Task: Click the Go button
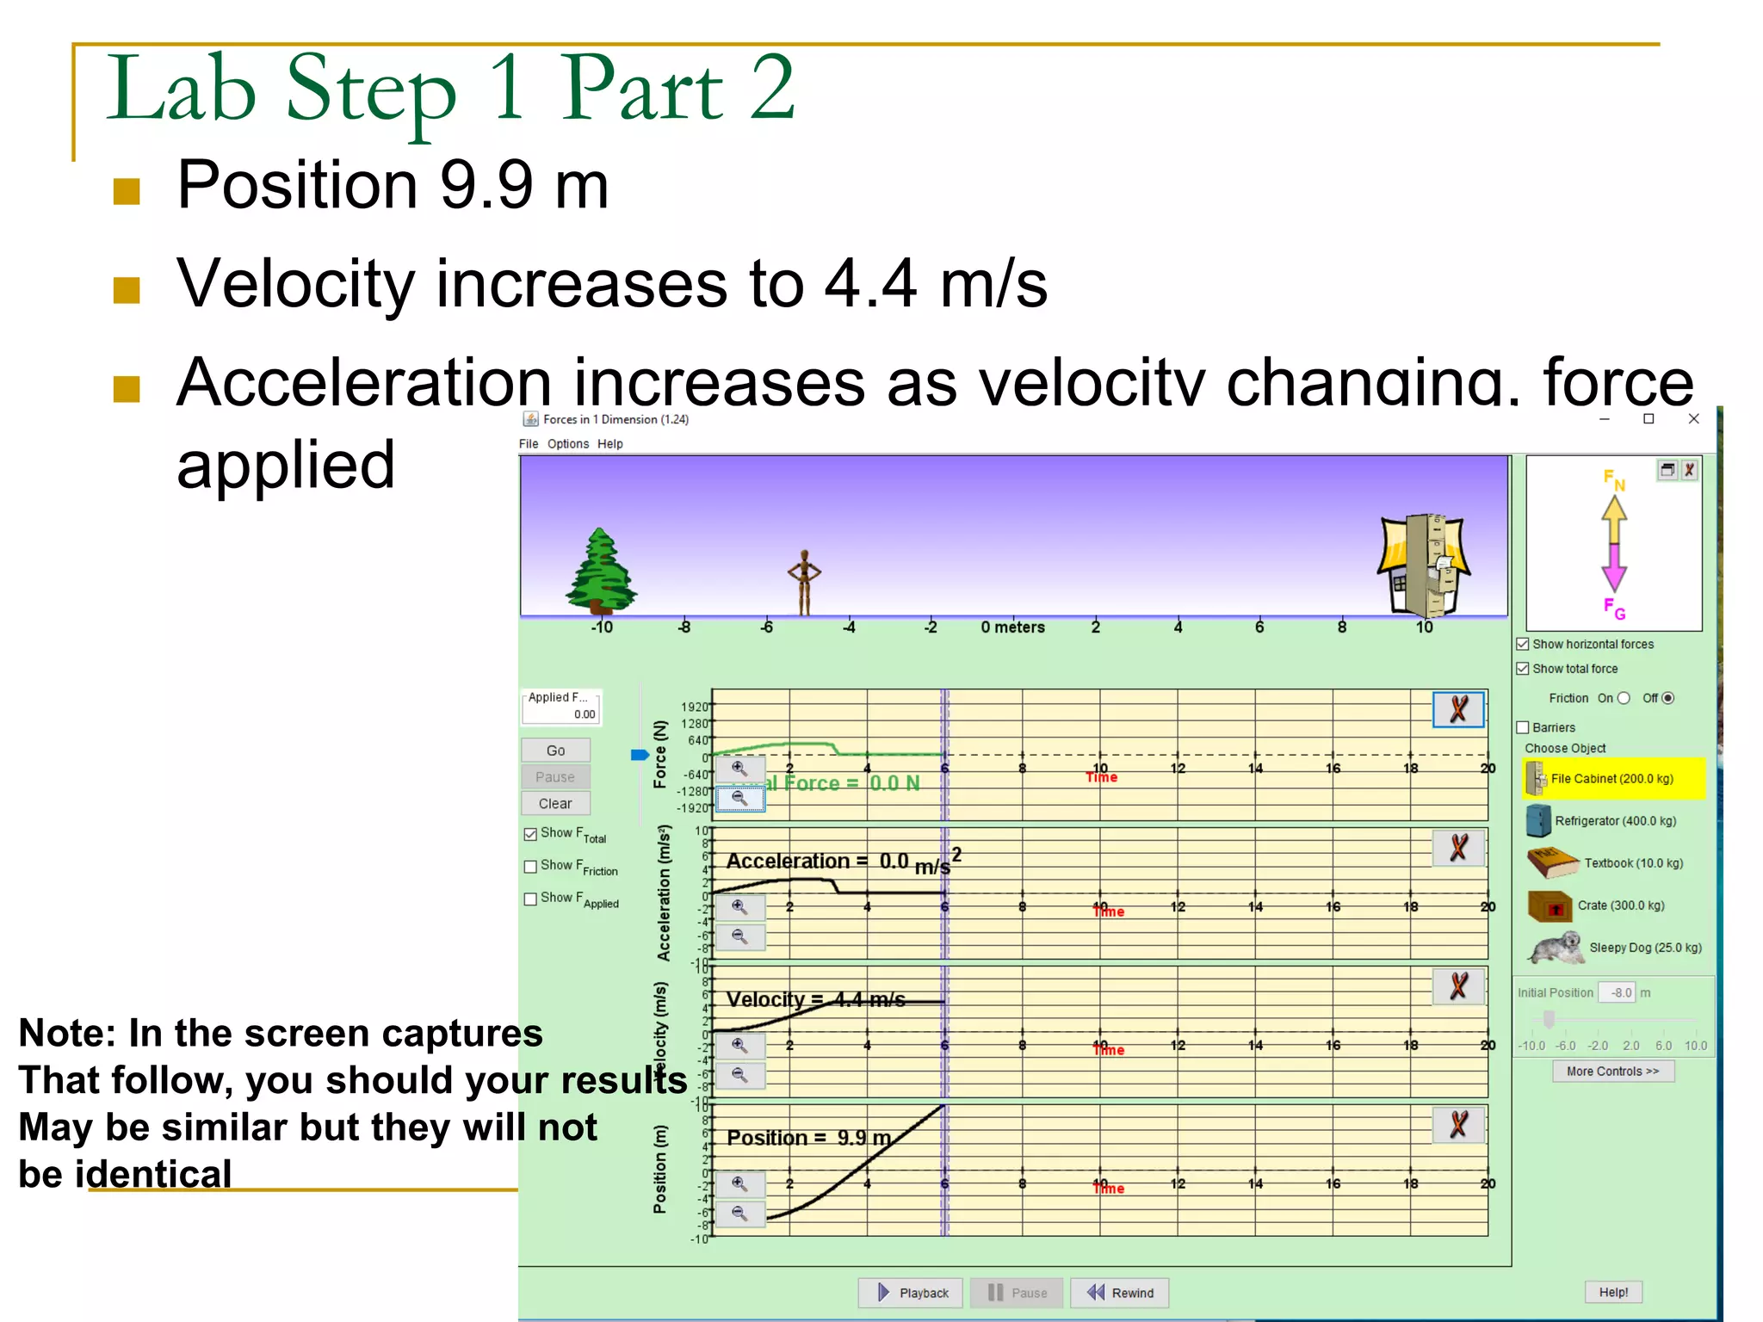pos(555,751)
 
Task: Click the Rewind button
pos(1120,1293)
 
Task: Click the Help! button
pos(1613,1292)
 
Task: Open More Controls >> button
pos(1612,1072)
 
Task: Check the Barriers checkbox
pos(1523,728)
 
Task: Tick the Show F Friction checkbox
pos(531,867)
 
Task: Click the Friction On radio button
pos(1624,698)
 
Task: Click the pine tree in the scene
pos(600,571)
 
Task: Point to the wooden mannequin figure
pos(804,581)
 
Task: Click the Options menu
pos(568,444)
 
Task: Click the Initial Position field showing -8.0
pos(1616,993)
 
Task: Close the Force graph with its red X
pos(1458,710)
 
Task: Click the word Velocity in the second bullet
pos(295,283)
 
